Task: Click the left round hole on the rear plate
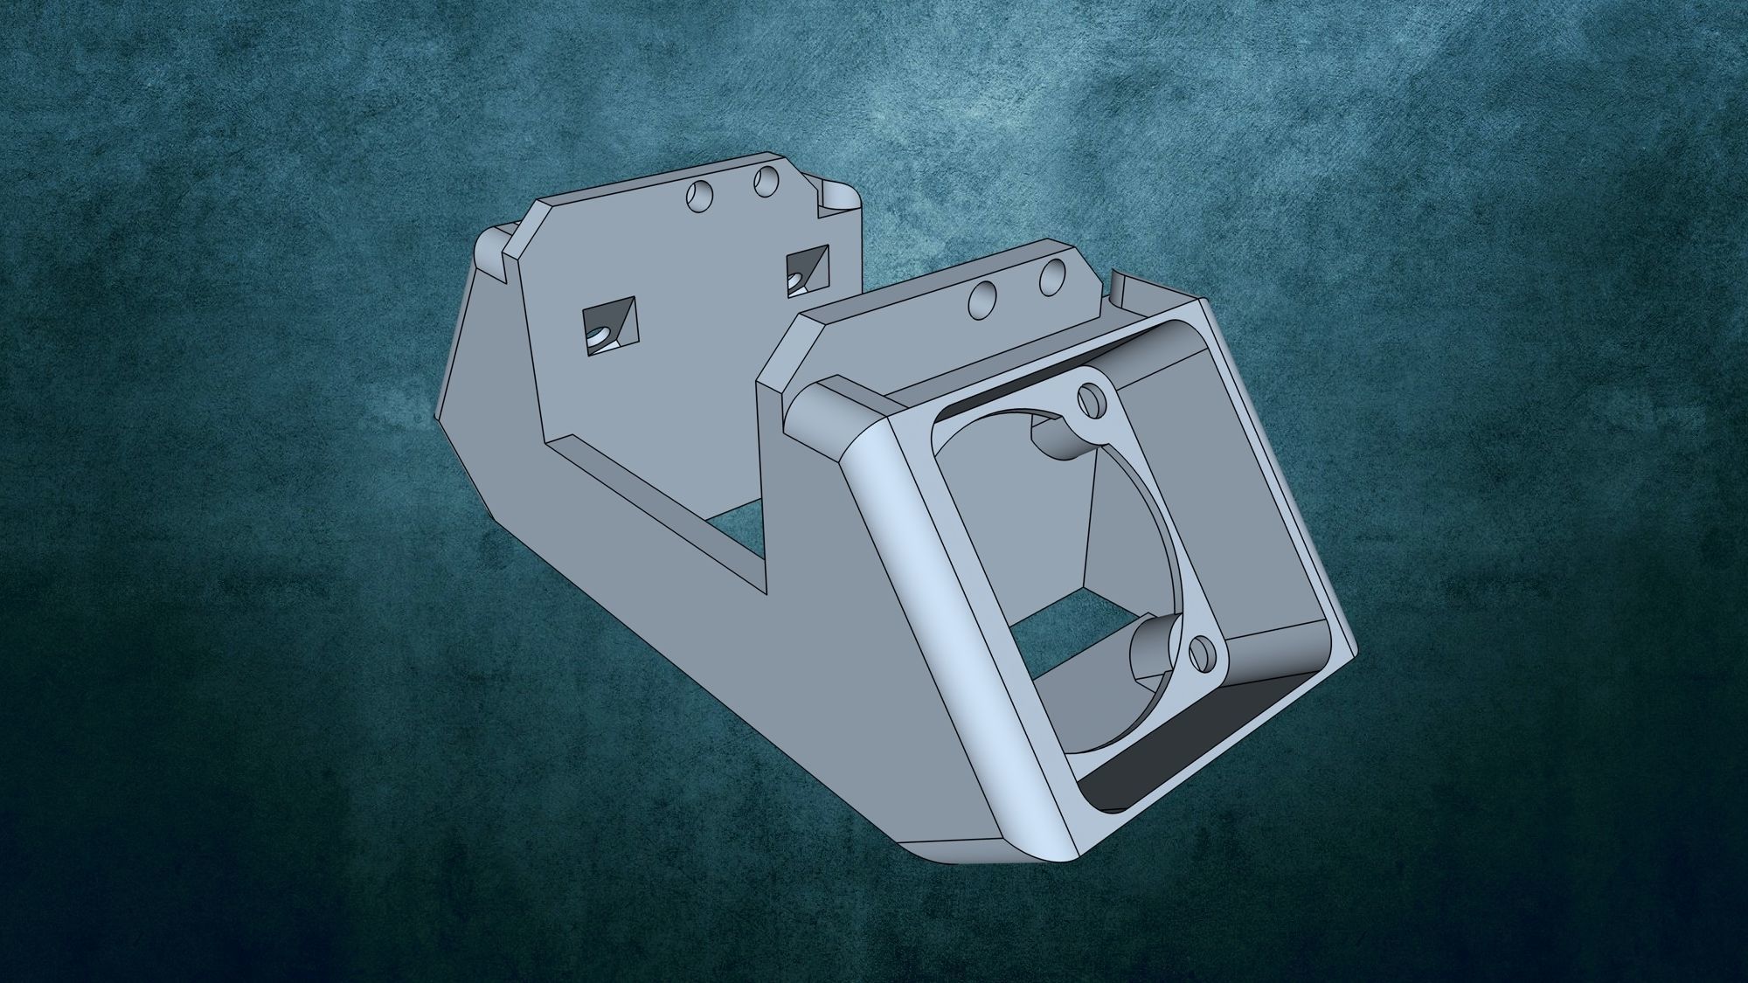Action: (699, 197)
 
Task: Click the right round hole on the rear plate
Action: (766, 182)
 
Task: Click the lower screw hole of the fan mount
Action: (1203, 653)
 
